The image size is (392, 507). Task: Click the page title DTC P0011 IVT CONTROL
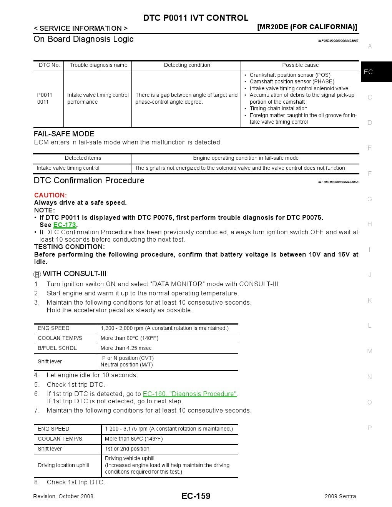196,18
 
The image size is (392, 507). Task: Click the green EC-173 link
65,225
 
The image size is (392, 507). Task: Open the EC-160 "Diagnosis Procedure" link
190,394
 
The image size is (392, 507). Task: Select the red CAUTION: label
50,195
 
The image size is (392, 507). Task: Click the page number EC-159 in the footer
196,496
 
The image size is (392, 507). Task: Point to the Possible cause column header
300,65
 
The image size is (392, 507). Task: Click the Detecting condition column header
187,65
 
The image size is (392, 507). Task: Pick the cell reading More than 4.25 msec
126,348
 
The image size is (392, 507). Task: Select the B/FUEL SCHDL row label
57,348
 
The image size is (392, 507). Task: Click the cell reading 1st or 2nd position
127,449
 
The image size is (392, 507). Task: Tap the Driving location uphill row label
63,466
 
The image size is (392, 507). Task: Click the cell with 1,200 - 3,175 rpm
169,429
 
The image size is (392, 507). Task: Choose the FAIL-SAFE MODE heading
64,134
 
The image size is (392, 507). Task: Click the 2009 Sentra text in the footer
340,497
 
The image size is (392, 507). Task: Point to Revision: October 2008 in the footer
63,497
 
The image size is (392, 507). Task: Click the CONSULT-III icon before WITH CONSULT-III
37,274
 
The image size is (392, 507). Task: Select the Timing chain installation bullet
278,109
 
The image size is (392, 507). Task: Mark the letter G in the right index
370,199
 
